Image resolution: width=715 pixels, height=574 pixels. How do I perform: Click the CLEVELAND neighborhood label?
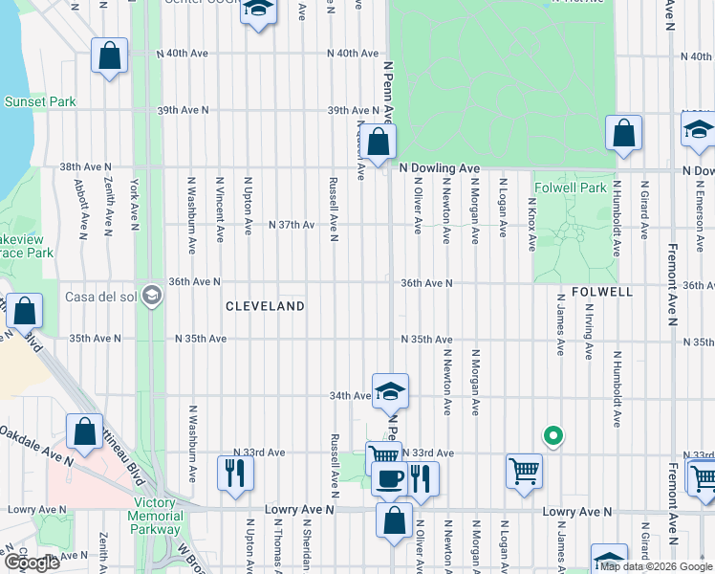click(x=265, y=306)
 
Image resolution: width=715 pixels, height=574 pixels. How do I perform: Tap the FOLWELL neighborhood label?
click(x=601, y=290)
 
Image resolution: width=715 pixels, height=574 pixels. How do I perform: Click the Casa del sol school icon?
click(x=151, y=295)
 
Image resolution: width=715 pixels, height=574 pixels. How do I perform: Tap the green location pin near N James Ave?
click(x=552, y=436)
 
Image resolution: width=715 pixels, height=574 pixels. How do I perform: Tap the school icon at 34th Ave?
click(x=390, y=390)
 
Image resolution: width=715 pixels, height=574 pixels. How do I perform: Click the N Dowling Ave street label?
click(x=439, y=167)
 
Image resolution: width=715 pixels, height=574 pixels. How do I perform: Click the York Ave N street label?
click(x=135, y=204)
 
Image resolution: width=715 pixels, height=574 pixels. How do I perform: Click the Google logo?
click(x=32, y=563)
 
